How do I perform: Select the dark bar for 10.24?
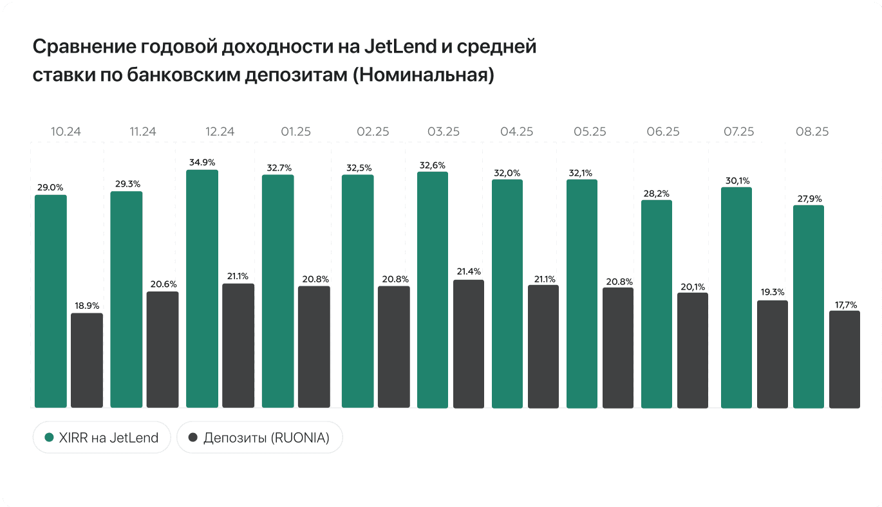coord(87,360)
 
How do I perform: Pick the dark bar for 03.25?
coord(469,344)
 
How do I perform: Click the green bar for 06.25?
coord(657,304)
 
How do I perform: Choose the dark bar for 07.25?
coord(773,354)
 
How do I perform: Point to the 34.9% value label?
coord(202,162)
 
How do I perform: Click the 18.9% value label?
coord(87,306)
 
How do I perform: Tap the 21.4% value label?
coord(469,272)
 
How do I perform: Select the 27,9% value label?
coord(809,198)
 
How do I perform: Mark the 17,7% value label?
coord(845,305)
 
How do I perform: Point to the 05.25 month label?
coord(590,132)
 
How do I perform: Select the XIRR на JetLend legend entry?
coord(102,438)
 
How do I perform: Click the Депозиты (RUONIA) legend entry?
coord(259,438)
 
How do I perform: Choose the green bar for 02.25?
coord(357,291)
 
